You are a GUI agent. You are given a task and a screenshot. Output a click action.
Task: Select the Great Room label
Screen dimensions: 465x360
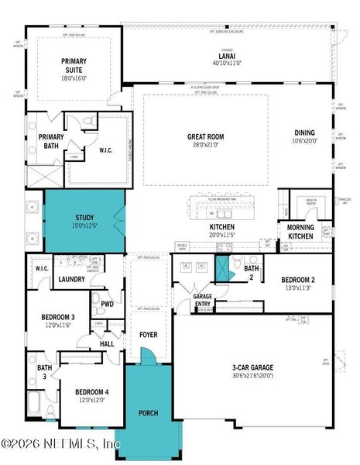pyautogui.click(x=205, y=136)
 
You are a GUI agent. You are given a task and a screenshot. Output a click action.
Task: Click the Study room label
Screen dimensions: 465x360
pyautogui.click(x=85, y=219)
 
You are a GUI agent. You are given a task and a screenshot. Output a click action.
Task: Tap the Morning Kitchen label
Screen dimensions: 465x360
pyautogui.click(x=296, y=232)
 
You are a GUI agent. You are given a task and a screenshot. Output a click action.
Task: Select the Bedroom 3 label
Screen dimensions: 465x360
pyautogui.click(x=58, y=316)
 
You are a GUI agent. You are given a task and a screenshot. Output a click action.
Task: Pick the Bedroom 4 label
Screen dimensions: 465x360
pyautogui.click(x=91, y=392)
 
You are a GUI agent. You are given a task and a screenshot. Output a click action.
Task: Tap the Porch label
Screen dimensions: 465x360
pyautogui.click(x=149, y=413)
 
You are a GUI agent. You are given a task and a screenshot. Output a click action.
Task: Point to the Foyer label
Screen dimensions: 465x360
pyautogui.click(x=149, y=335)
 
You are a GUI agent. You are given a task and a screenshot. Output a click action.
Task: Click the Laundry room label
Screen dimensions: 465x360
pyautogui.click(x=71, y=279)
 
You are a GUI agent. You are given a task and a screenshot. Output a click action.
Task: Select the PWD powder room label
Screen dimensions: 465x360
pyautogui.click(x=107, y=304)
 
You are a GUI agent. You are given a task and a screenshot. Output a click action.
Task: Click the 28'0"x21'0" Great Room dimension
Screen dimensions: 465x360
pyautogui.click(x=205, y=145)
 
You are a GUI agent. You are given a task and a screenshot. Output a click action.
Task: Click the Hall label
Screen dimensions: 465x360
pyautogui.click(x=106, y=342)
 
